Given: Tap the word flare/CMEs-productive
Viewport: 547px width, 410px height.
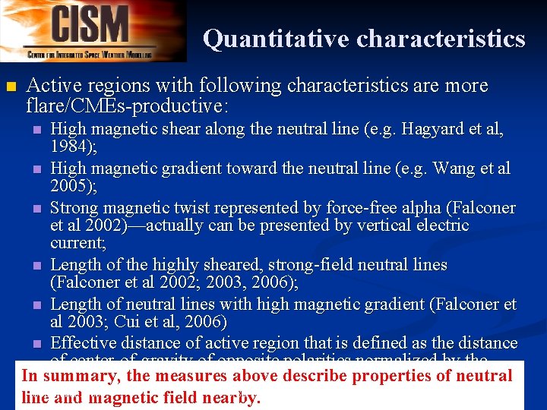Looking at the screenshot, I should [126, 103].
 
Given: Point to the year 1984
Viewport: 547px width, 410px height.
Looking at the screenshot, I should [71, 147].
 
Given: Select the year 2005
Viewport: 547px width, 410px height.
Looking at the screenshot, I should [71, 186].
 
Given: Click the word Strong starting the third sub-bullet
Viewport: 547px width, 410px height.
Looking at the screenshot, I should [74, 208].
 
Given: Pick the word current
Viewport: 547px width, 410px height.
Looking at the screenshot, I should [77, 243].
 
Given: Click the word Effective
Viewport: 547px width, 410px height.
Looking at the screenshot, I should [85, 342].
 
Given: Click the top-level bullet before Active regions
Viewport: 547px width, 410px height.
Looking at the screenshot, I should [10, 87].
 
